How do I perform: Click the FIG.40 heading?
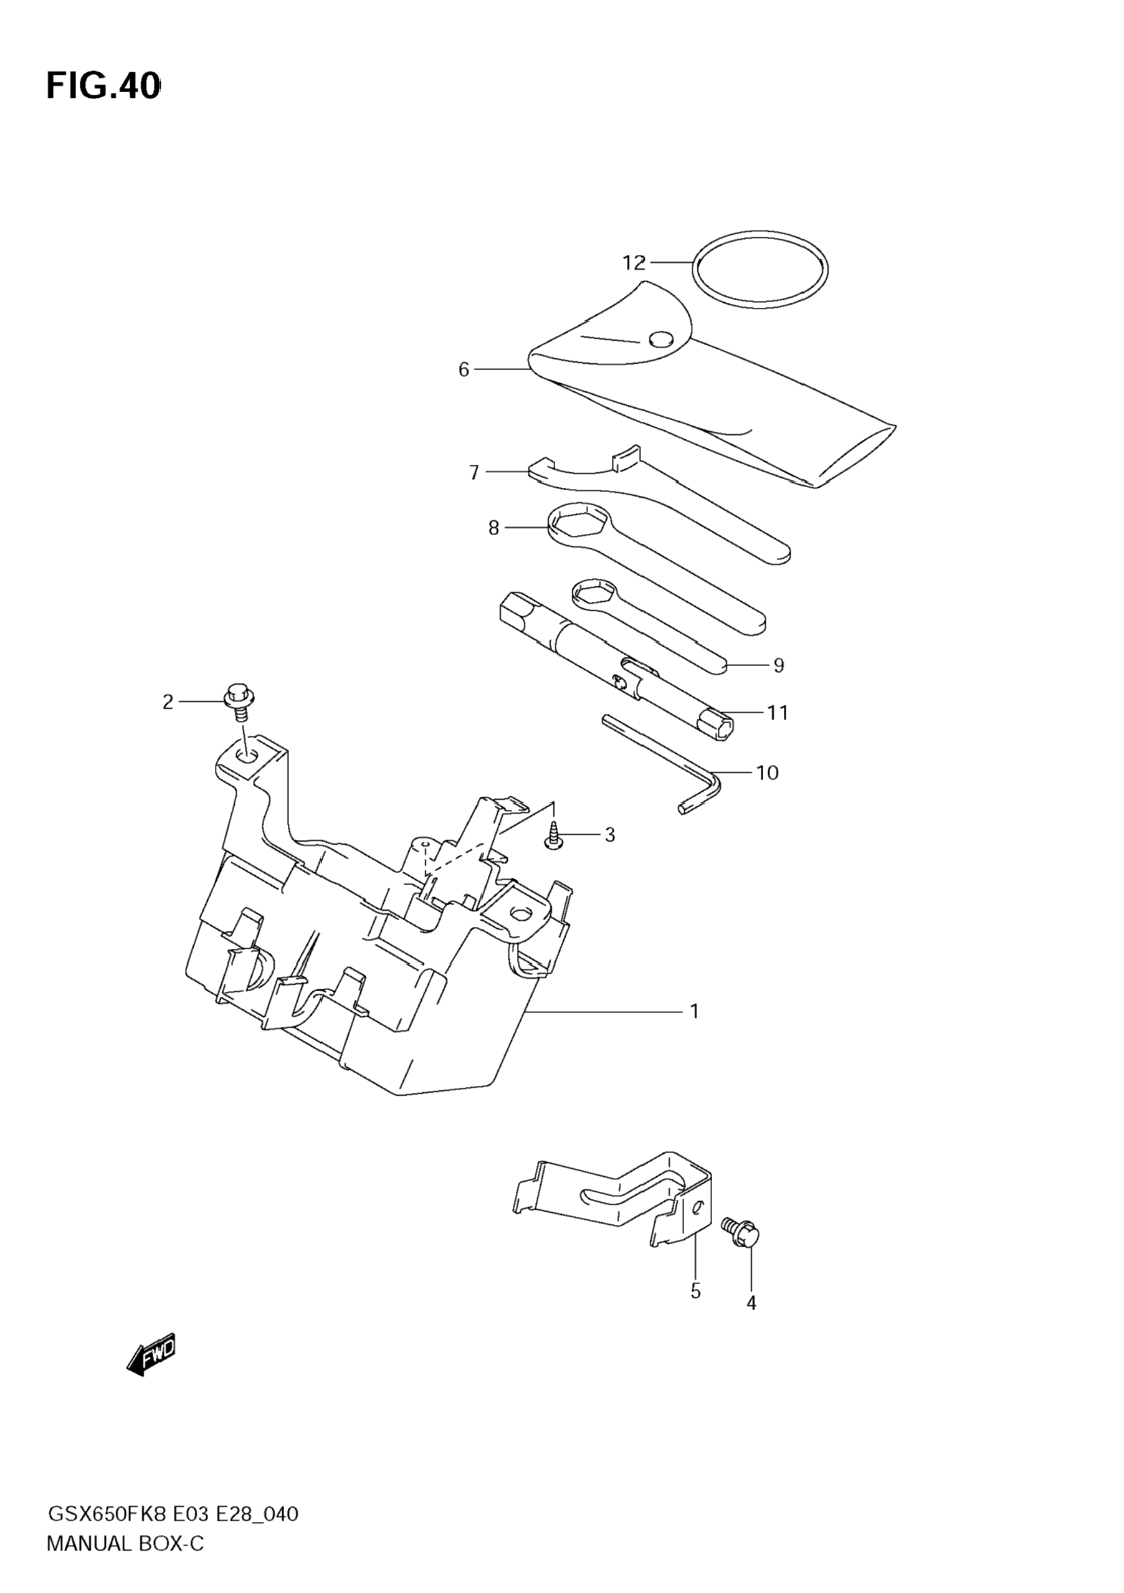(x=103, y=87)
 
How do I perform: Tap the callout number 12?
(x=634, y=263)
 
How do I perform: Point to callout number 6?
(x=464, y=370)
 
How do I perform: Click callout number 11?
(x=778, y=713)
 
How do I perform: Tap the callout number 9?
(x=778, y=665)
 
